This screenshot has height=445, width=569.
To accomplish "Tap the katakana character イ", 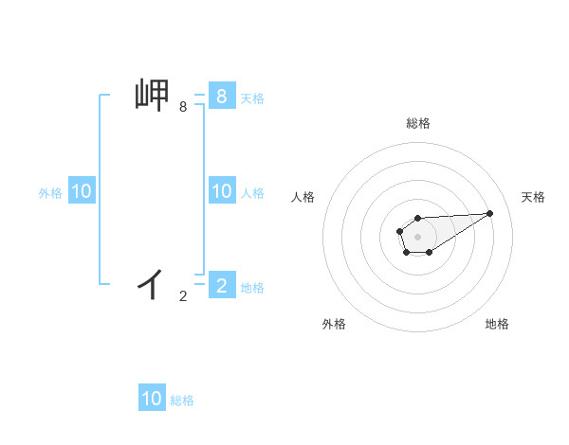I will tap(152, 282).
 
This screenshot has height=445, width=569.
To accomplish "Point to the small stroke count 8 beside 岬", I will tap(183, 108).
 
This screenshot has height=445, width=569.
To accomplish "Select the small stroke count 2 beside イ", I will tap(183, 296).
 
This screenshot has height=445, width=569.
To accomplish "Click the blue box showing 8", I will tap(221, 96).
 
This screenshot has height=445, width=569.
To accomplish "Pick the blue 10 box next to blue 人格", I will tap(221, 191).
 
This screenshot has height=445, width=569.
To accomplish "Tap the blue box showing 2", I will tap(221, 284).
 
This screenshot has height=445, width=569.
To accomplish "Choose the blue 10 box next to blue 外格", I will tap(81, 191).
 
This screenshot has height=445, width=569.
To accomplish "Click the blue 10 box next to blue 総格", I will tap(152, 399).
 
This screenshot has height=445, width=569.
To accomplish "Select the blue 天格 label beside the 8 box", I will tap(252, 98).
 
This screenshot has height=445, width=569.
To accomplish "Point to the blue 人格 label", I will tap(252, 193).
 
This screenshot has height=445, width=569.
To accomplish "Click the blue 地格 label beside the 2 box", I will tap(252, 288).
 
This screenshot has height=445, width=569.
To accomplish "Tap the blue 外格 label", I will tap(50, 193).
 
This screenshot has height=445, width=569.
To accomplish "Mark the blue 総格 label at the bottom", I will tap(182, 400).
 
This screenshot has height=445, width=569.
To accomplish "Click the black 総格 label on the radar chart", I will tap(417, 123).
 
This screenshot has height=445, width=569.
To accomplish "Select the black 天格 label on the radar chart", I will tap(533, 197).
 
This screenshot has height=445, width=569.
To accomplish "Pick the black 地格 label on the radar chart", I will tap(497, 324).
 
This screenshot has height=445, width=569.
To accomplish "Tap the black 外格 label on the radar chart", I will tap(334, 324).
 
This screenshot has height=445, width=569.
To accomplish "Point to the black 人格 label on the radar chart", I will tap(303, 197).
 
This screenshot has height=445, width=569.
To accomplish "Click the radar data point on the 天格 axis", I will tap(490, 212).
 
